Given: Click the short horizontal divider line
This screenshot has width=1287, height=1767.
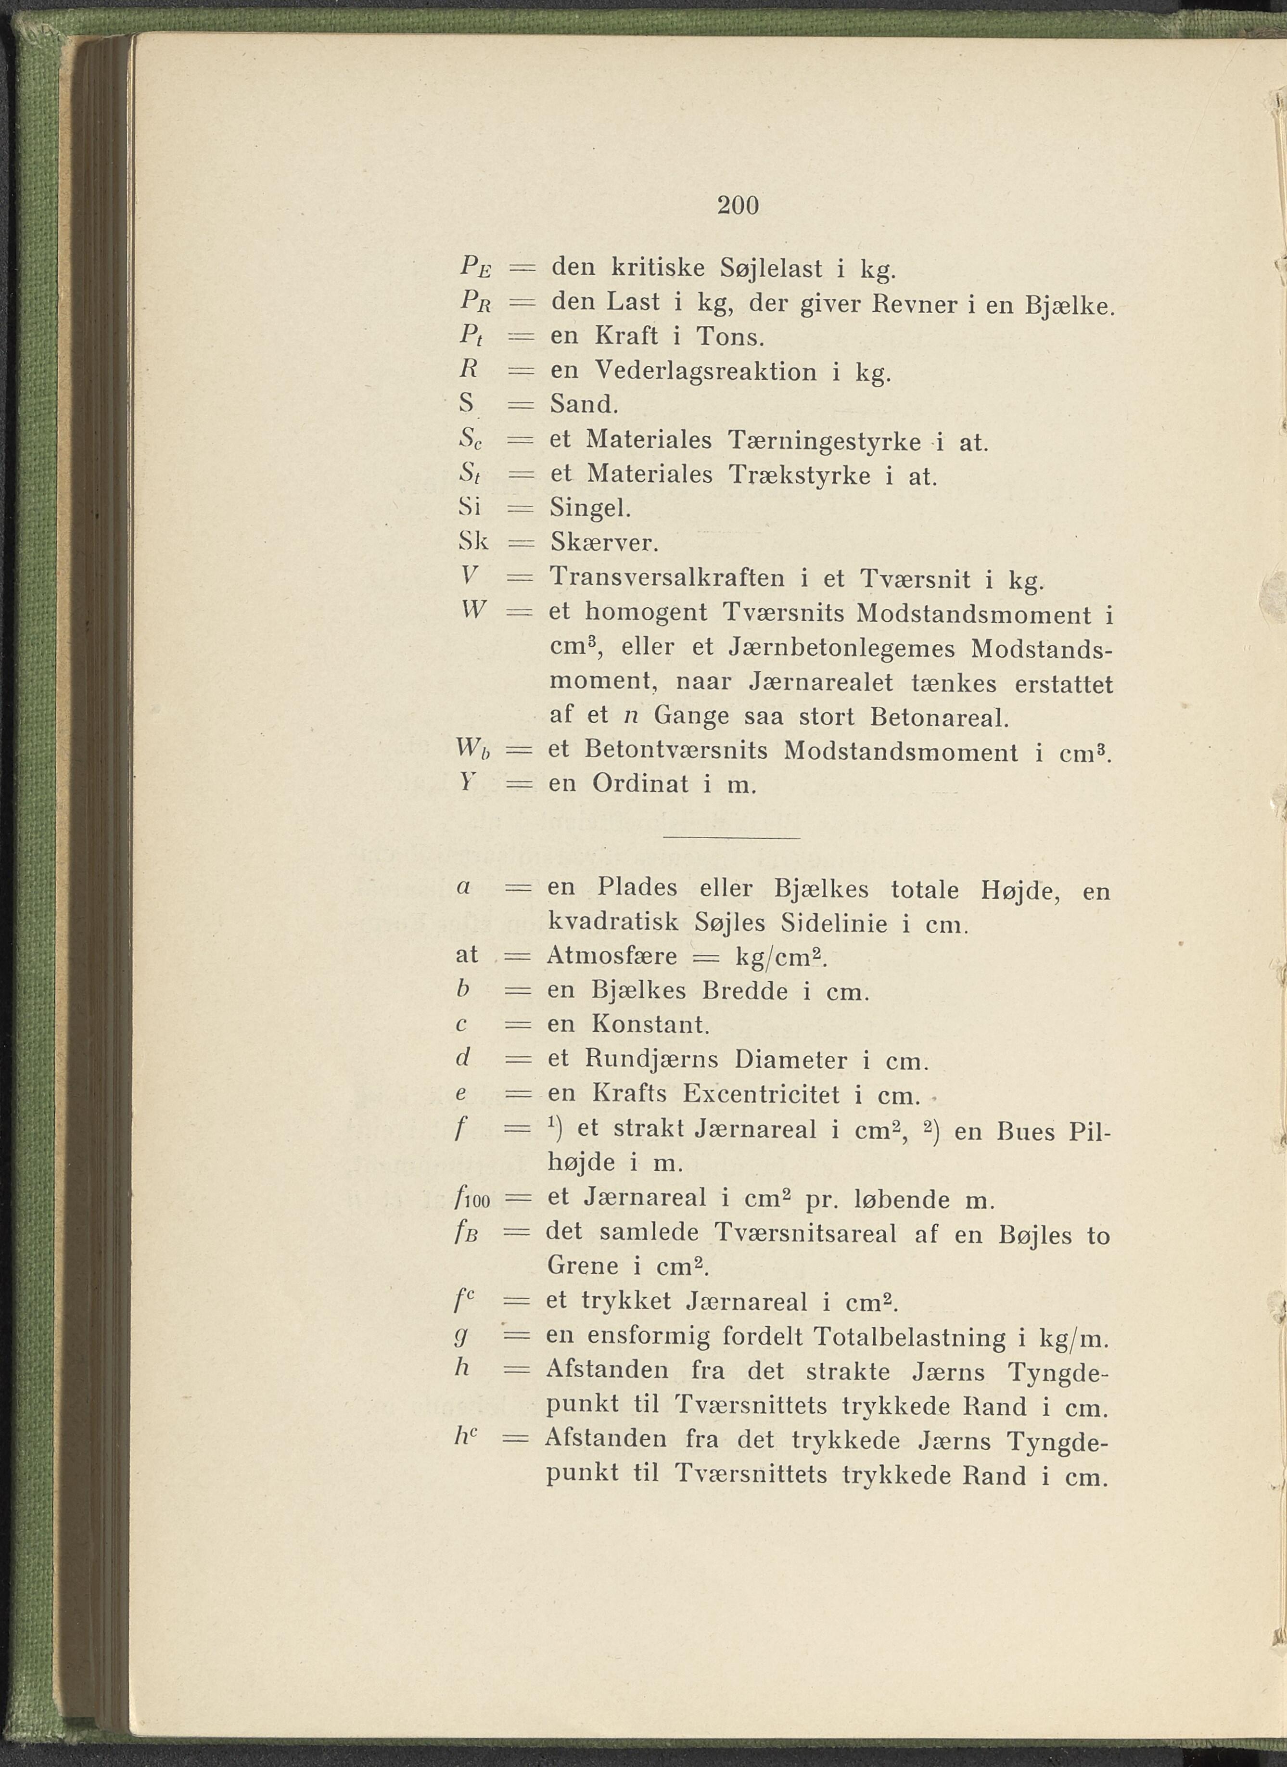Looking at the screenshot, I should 731,838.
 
